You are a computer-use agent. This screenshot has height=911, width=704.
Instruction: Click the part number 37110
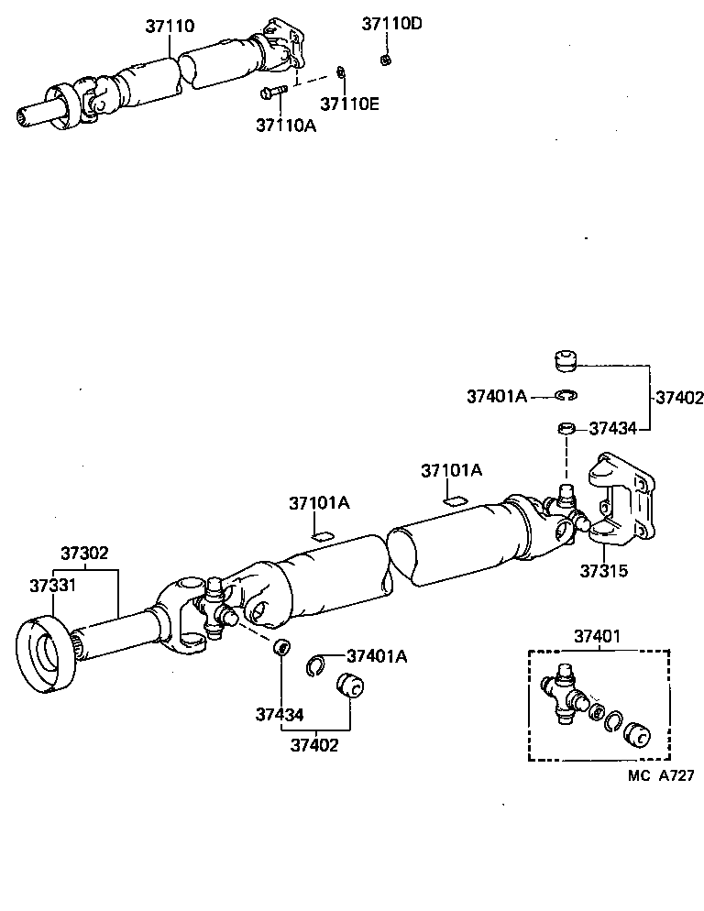(169, 26)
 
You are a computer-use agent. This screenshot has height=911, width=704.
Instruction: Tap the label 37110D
(391, 24)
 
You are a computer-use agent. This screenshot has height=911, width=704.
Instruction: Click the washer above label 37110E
(341, 73)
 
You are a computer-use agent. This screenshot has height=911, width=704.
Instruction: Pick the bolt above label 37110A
(274, 91)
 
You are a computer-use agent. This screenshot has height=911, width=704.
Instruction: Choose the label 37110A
(286, 125)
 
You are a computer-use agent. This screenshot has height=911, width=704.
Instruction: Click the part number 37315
(603, 570)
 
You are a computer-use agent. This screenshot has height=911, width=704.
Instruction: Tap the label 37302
(85, 553)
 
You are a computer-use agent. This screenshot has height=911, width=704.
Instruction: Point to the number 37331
(51, 585)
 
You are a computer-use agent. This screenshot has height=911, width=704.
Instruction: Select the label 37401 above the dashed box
(599, 635)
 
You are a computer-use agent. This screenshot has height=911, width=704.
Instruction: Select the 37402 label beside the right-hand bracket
(678, 398)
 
